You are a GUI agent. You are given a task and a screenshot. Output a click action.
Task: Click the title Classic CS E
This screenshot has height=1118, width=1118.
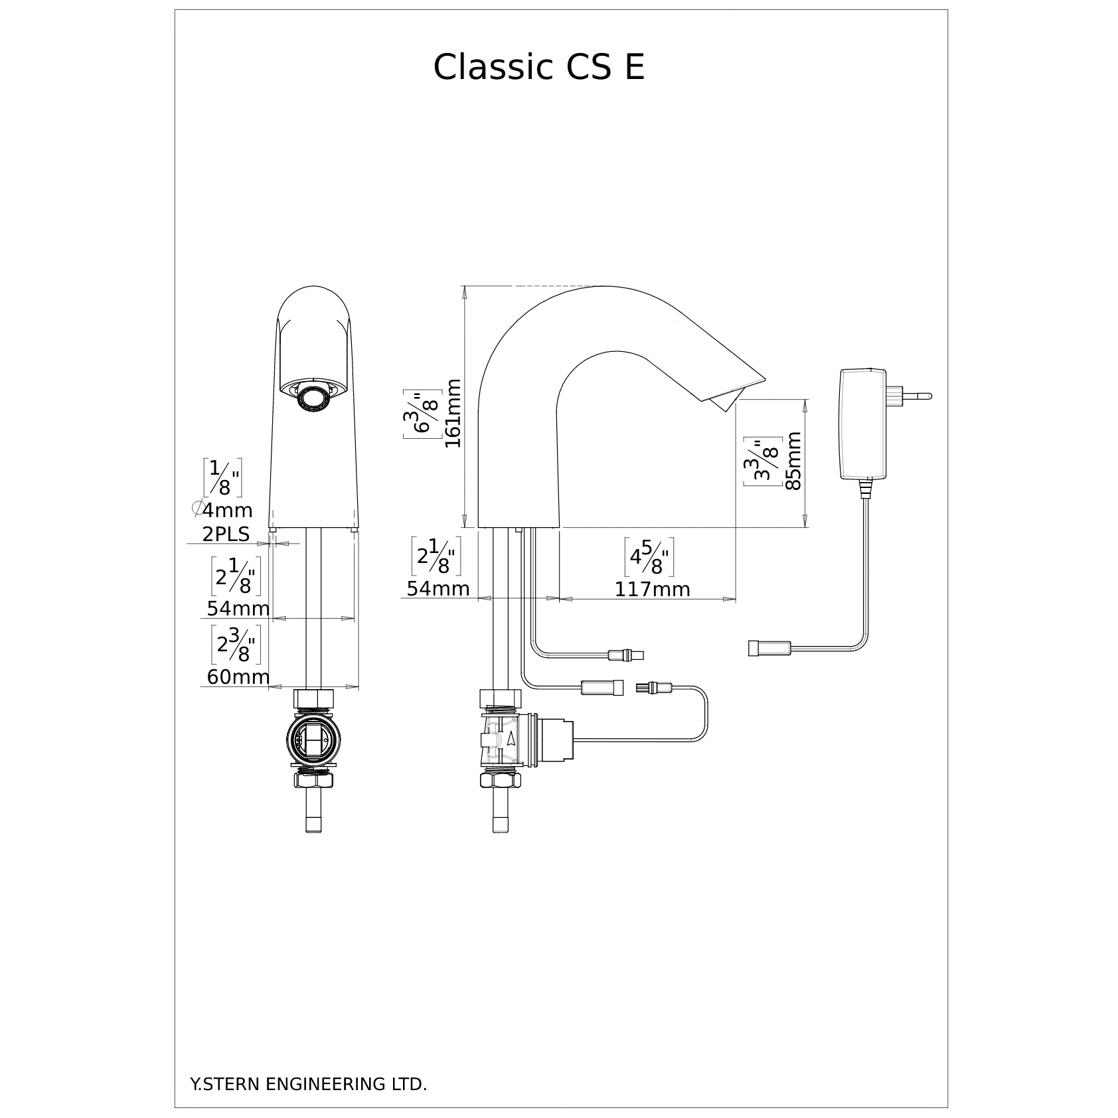point(538,67)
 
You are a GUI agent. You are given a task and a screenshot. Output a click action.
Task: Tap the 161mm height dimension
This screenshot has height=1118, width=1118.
point(453,413)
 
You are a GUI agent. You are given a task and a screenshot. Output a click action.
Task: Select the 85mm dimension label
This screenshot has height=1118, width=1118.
point(793,460)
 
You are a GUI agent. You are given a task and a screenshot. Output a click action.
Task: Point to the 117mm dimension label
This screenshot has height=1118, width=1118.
point(652,589)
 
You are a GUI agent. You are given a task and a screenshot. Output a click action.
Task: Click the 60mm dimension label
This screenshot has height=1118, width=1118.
point(238,677)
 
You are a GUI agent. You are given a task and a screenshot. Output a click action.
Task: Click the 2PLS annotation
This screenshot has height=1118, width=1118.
point(226,534)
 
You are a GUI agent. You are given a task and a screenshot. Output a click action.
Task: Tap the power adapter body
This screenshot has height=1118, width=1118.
point(862,424)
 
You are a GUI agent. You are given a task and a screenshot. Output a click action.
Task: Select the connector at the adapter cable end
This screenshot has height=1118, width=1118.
point(769,647)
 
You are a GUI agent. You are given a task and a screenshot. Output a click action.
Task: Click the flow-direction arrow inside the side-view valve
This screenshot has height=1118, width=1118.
point(510,740)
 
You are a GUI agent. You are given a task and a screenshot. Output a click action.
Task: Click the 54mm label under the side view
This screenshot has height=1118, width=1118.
point(438,589)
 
